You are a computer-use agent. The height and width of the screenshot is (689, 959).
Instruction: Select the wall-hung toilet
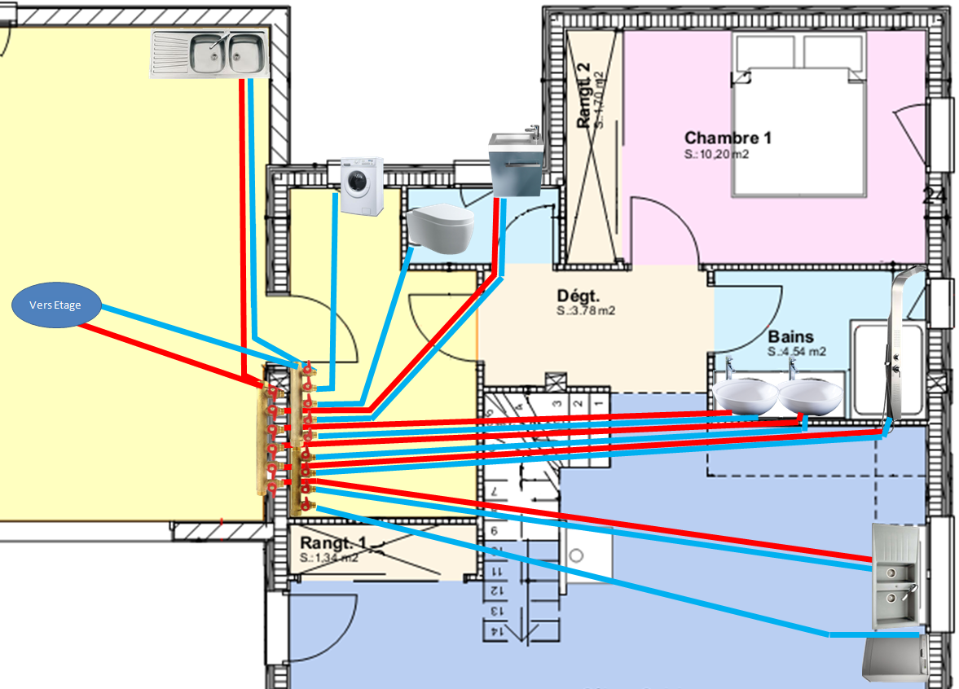click(439, 226)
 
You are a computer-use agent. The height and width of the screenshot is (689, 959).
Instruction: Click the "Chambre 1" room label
click(728, 138)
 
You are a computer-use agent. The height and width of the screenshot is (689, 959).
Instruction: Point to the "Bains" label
click(790, 336)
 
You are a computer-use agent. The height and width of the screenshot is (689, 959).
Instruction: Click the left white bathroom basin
click(746, 397)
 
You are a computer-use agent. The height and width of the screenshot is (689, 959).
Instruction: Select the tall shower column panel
click(900, 346)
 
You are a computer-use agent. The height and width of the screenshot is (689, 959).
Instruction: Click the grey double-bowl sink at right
click(896, 577)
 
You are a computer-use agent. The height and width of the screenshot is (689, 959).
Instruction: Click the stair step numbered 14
click(495, 631)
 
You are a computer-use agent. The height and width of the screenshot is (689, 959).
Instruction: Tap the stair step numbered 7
click(495, 494)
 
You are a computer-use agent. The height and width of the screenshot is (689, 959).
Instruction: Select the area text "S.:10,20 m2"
click(716, 154)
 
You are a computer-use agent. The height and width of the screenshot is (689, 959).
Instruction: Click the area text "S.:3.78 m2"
click(585, 311)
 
